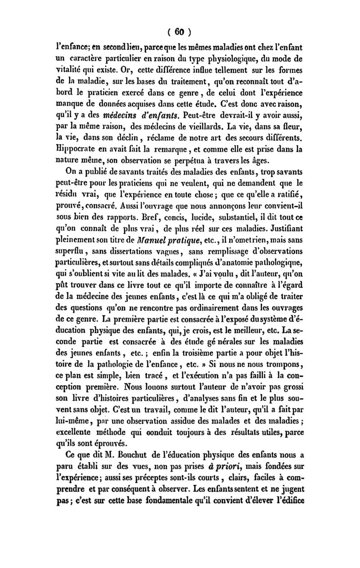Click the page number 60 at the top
(180, 32)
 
